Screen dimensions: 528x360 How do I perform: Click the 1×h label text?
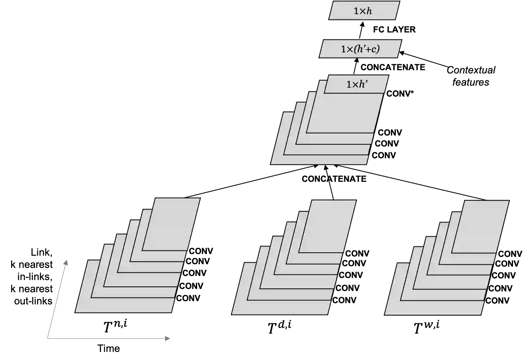[363, 11]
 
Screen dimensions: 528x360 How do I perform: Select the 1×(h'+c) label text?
[360, 50]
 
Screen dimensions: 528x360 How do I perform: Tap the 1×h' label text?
[357, 85]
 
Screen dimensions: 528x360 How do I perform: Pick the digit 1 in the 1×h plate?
[356, 11]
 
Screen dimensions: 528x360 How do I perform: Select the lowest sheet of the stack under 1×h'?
[318, 160]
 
